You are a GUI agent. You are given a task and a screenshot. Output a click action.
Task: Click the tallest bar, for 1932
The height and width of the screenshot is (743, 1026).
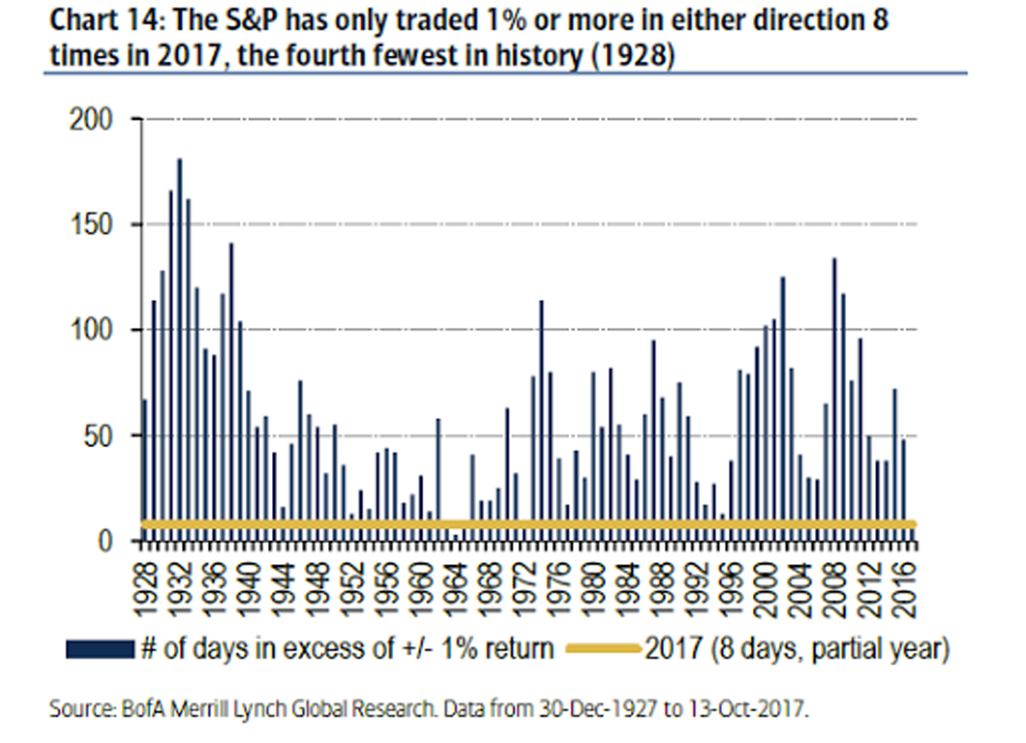[x=179, y=346]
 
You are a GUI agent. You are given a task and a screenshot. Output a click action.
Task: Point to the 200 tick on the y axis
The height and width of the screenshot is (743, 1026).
[x=92, y=119]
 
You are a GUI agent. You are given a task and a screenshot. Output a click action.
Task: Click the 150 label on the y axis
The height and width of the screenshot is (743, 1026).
[x=92, y=225]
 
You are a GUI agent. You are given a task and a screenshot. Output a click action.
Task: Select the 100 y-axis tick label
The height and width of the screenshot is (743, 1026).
[x=92, y=331]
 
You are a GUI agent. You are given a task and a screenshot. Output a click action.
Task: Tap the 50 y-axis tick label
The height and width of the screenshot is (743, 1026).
[x=100, y=435]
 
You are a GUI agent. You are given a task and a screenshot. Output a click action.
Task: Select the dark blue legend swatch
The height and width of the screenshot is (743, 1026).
[x=99, y=651]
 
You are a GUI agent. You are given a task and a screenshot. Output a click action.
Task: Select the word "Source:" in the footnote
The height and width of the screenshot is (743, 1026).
[x=79, y=710]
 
